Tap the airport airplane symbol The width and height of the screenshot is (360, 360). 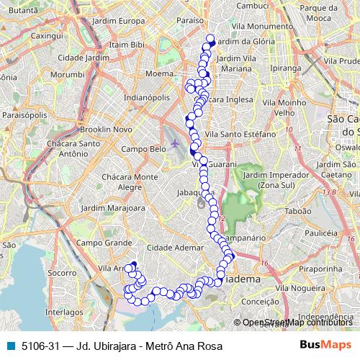point(175,143)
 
